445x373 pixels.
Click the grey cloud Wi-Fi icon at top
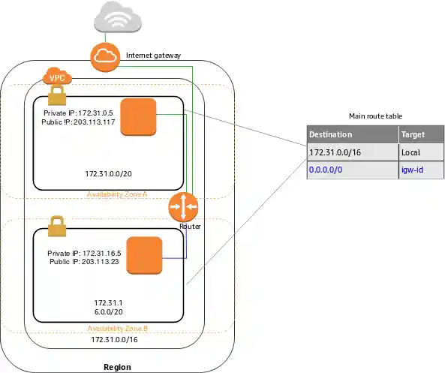119,19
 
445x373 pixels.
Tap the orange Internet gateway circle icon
104,57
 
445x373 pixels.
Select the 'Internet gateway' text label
153,56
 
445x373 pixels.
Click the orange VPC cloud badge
56,77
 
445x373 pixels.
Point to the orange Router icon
182,206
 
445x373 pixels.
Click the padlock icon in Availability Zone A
56,95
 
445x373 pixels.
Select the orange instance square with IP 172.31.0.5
137,116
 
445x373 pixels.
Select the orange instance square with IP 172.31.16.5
144,255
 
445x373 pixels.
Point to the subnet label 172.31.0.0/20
110,173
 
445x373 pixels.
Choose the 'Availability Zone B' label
117,329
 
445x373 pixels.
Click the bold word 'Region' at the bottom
117,367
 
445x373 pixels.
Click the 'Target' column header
413,135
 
